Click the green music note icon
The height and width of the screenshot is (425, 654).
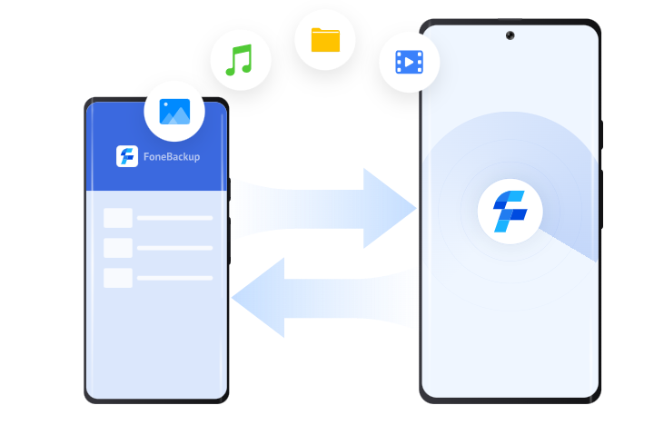(239, 60)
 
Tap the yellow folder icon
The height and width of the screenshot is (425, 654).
(325, 40)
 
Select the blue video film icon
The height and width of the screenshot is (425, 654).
(409, 62)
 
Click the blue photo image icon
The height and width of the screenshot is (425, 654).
(174, 112)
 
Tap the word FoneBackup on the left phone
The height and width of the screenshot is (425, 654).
(172, 157)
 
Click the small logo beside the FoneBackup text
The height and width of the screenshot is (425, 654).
(127, 156)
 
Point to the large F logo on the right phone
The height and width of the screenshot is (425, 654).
(510, 211)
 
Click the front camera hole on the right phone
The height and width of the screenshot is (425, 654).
(510, 35)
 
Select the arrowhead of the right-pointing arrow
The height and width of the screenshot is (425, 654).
(390, 208)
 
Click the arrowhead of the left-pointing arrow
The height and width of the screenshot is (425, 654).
(258, 298)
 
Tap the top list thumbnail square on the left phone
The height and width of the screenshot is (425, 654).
(118, 218)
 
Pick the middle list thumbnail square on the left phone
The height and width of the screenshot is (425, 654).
(118, 248)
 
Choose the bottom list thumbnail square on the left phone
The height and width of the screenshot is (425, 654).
(118, 278)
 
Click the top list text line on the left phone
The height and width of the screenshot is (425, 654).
(174, 218)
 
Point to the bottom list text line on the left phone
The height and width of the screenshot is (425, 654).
(174, 278)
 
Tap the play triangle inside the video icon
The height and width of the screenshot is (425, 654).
(410, 62)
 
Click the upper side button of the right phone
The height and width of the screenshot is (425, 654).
(601, 134)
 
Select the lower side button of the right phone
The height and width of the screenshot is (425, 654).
(601, 200)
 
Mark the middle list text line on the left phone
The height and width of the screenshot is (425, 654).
(174, 248)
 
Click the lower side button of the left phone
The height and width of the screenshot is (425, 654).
(230, 241)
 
